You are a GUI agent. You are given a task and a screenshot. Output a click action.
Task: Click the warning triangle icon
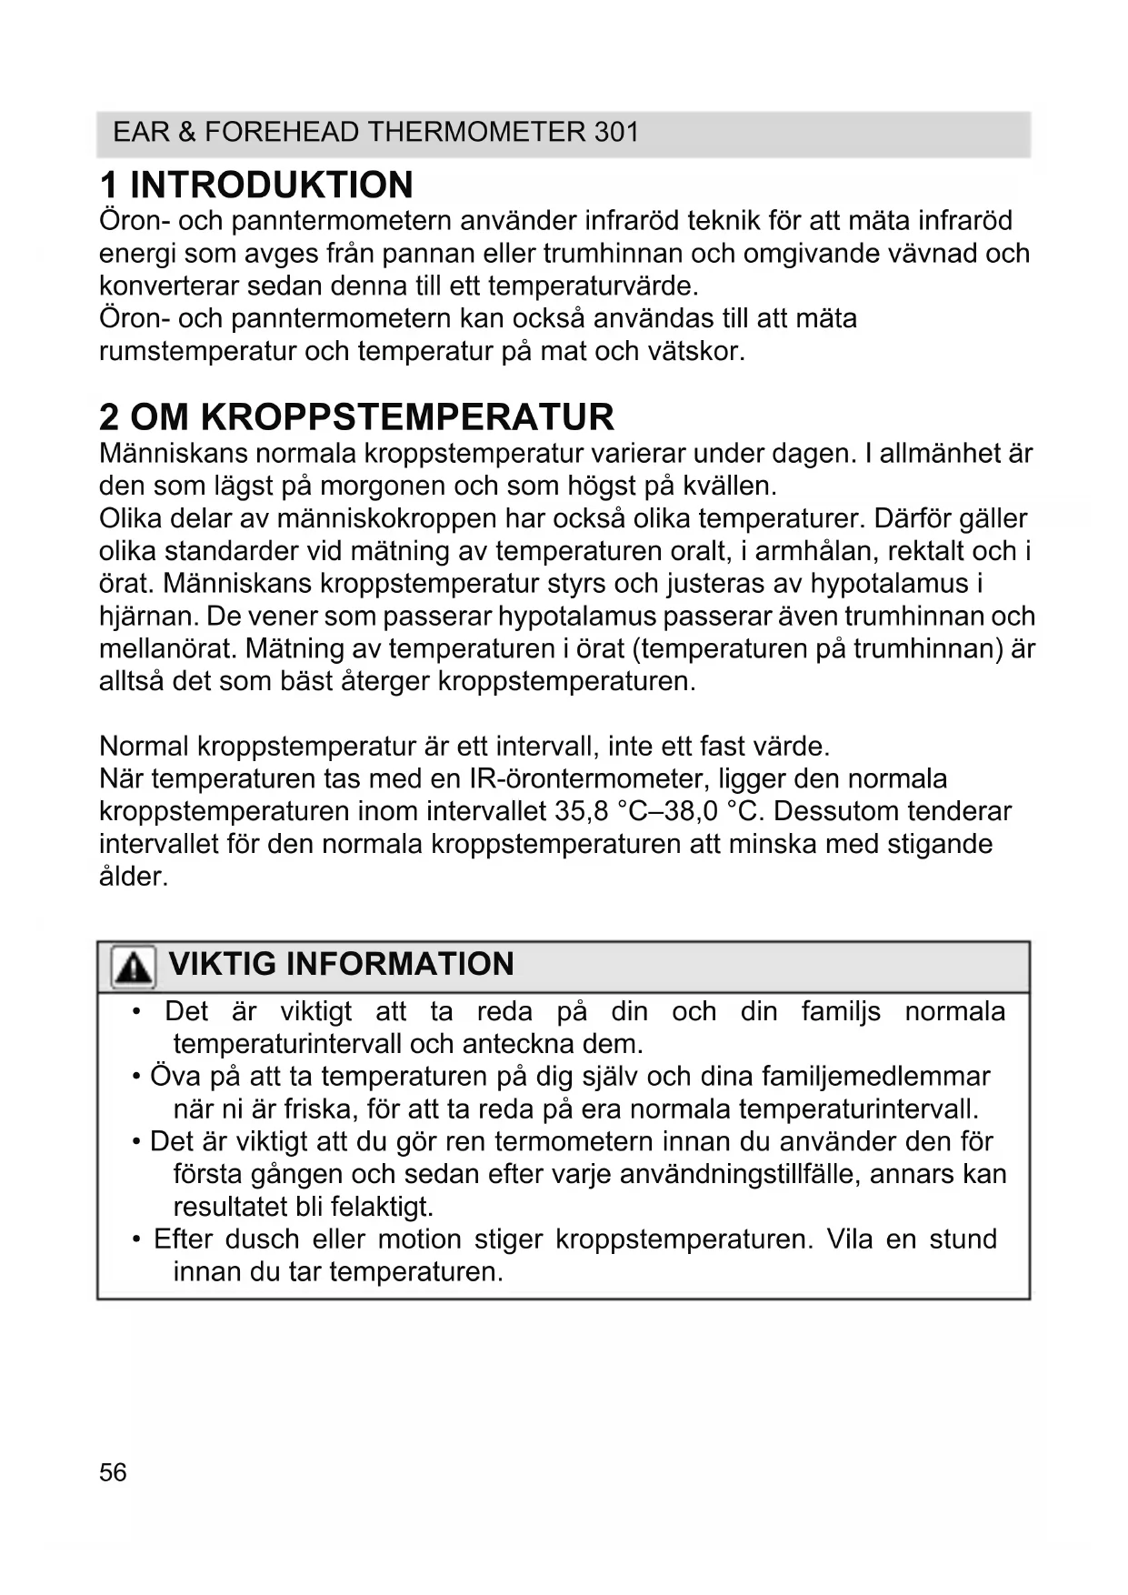coord(133,966)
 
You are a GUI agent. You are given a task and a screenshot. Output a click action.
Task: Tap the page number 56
coord(113,1472)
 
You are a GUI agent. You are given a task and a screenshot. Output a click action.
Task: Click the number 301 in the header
coord(616,133)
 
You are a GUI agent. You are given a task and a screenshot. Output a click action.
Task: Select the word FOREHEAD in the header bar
coord(281,133)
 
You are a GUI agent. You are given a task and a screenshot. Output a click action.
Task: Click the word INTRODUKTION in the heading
coord(272,186)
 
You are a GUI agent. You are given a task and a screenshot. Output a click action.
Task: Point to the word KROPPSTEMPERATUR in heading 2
coord(407,417)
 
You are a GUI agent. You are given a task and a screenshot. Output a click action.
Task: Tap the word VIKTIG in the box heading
coord(222,964)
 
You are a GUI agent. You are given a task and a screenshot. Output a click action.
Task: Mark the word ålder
coord(134,877)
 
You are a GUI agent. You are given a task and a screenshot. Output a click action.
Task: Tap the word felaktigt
coord(382,1207)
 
